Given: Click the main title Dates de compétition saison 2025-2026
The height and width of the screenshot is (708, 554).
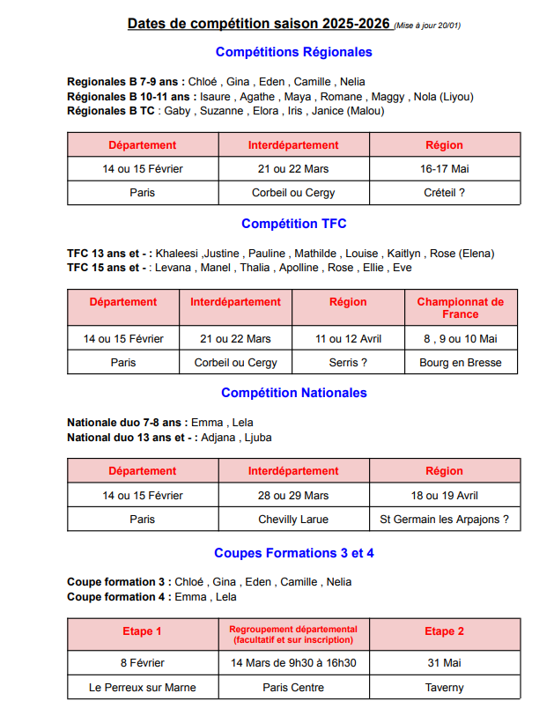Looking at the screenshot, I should tap(259, 24).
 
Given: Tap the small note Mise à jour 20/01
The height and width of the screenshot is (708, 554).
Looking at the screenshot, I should tap(427, 26).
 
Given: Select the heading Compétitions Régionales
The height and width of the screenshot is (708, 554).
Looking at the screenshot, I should tap(293, 52).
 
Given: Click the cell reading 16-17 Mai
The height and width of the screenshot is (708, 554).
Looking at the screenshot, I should tap(444, 168).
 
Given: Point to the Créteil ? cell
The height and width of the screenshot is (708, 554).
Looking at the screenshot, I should tap(444, 192).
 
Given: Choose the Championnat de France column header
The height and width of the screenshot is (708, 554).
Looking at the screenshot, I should tap(461, 307).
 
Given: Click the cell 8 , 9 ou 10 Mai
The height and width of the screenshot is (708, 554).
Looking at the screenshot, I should tap(461, 338).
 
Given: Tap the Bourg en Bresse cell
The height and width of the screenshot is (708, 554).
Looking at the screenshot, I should tap(461, 362).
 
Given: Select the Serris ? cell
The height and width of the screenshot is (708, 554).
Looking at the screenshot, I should tap(348, 362).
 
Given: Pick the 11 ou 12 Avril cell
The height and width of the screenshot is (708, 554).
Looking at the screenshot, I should tap(348, 338).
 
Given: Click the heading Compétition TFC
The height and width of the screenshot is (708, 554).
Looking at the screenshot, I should tap(293, 224).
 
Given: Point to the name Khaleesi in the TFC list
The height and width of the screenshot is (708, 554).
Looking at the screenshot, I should tap(179, 254).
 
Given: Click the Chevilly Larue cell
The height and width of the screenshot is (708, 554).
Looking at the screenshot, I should tap(293, 519).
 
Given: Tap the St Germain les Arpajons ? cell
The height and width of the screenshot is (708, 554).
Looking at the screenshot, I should tap(444, 519).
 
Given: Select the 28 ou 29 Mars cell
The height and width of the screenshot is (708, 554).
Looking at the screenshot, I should tap(293, 495).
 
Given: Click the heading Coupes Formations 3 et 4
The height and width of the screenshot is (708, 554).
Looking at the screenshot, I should tap(293, 553).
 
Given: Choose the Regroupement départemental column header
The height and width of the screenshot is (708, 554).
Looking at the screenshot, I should tap(293, 634).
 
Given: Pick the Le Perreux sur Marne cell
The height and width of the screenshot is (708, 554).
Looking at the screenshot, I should tap(143, 687).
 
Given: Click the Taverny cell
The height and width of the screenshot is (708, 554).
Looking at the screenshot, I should tap(444, 687).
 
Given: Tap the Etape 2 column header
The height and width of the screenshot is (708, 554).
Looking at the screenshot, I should tap(444, 631).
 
